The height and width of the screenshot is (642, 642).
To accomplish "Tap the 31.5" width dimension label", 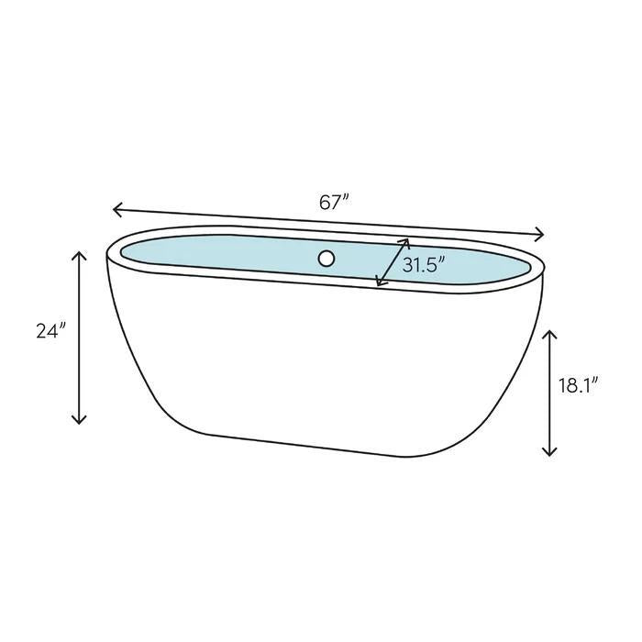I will point(424,265).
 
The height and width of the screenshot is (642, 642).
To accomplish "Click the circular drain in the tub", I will point(327,259).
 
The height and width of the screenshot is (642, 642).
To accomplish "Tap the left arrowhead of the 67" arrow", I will point(116,210).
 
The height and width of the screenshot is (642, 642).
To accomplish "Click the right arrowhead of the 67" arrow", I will point(542,233).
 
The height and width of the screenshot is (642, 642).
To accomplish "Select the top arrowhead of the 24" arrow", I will point(80,254).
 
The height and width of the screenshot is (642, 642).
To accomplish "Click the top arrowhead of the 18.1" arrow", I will point(549,333).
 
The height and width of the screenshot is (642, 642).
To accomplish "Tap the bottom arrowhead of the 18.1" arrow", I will point(549,452).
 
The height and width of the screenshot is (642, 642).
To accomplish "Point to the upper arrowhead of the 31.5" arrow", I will point(405,242).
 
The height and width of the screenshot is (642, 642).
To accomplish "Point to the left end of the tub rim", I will point(111,249).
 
